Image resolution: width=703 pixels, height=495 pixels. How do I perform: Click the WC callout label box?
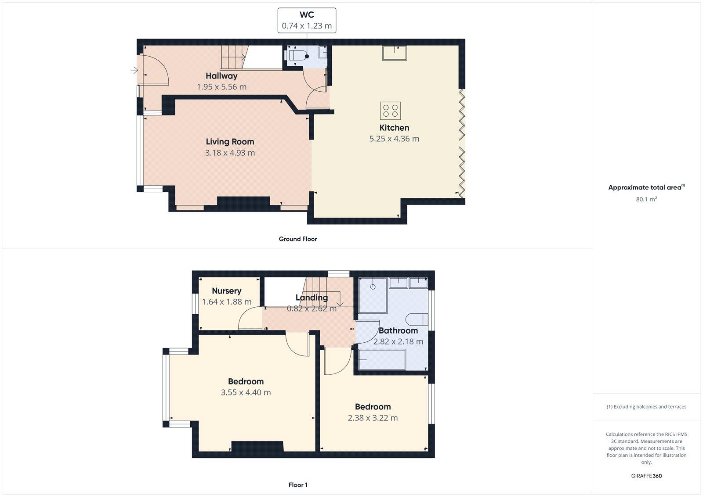click(307, 20)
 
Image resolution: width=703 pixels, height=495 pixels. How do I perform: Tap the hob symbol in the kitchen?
click(391, 111)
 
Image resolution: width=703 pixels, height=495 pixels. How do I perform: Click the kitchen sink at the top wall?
click(394, 53)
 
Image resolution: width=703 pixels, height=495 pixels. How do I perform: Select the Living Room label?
click(230, 142)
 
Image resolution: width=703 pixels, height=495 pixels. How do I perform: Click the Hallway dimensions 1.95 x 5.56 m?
click(221, 87)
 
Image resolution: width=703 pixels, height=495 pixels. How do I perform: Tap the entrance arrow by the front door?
click(134, 70)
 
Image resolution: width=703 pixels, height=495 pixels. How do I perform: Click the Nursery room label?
click(226, 291)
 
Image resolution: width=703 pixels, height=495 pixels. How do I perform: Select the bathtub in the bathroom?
click(382, 360)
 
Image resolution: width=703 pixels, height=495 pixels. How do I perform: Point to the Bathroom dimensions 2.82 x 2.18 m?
click(398, 341)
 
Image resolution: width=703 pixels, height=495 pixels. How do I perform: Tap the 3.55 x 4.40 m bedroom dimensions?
click(246, 393)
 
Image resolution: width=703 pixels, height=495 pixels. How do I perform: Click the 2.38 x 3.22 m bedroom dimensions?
click(373, 418)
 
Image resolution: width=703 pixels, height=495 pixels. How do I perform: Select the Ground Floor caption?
click(297, 239)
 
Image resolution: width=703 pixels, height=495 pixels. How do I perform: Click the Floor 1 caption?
click(297, 485)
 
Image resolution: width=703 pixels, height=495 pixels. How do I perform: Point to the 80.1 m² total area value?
click(646, 199)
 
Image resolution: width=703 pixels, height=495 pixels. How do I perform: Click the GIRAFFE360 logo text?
click(646, 476)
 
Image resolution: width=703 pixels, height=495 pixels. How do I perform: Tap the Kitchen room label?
click(394, 128)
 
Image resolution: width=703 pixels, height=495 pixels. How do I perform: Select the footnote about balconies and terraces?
click(646, 407)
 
